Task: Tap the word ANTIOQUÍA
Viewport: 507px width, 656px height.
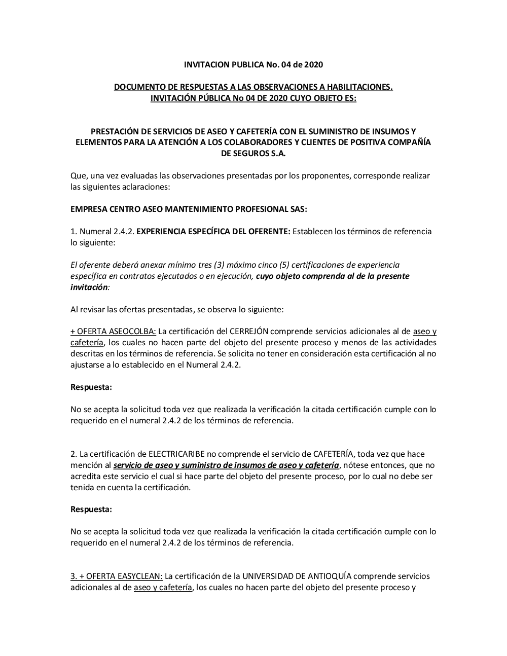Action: tap(326, 576)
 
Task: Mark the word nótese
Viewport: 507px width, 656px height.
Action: tap(356, 465)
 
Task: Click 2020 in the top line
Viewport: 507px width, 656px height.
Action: tap(314, 64)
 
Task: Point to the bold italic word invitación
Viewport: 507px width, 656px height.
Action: tap(89, 287)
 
